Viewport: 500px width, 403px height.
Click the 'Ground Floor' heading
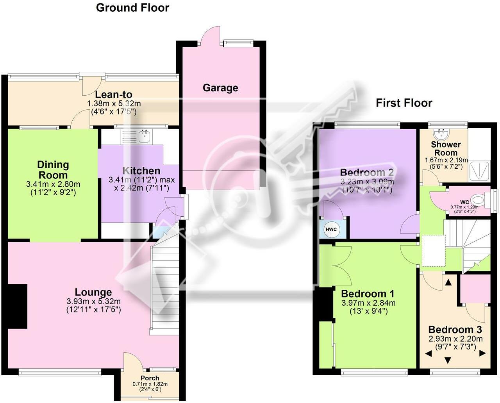pyautogui.click(x=132, y=8)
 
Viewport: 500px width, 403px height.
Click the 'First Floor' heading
pyautogui.click(x=404, y=103)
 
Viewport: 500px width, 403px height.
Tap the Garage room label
pyautogui.click(x=220, y=88)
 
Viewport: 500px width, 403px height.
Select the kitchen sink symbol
pyautogui.click(x=145, y=136)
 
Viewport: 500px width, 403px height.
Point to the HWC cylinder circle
pyautogui.click(x=331, y=230)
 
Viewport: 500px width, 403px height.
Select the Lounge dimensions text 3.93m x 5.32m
pyautogui.click(x=94, y=301)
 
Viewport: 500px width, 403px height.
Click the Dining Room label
pyautogui.click(x=53, y=170)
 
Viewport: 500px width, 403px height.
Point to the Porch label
pyautogui.click(x=150, y=378)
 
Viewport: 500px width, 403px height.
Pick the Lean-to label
pyautogui.click(x=114, y=95)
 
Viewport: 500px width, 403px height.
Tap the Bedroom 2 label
pyautogui.click(x=367, y=173)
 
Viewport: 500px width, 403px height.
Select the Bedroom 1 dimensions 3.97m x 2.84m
pyautogui.click(x=368, y=303)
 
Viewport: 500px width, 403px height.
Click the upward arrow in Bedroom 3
pyautogui.click(x=448, y=282)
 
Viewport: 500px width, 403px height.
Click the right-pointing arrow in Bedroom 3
pyautogui.click(x=482, y=353)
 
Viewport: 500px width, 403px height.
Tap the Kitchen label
pyautogui.click(x=141, y=171)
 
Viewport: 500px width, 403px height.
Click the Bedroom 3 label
pyautogui.click(x=455, y=330)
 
